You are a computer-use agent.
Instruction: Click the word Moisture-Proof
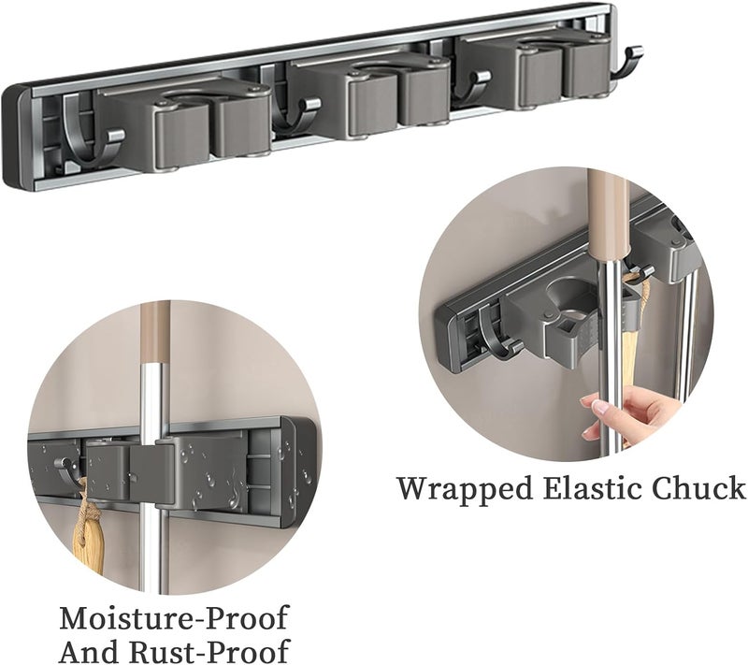point(174,619)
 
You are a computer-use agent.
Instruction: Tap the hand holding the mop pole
point(624,412)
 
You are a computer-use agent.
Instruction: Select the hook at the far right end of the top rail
point(626,63)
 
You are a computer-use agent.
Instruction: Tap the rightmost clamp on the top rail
point(533,67)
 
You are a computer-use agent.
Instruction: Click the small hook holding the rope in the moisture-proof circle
point(66,467)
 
